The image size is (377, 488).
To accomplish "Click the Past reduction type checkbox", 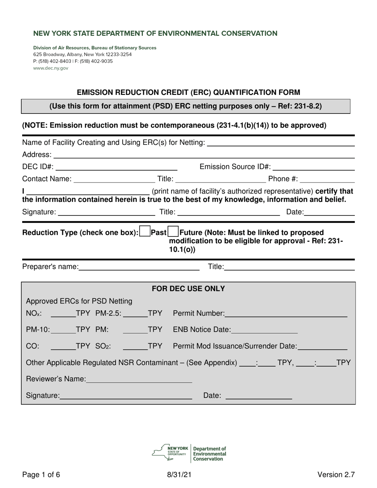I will pos(145,232).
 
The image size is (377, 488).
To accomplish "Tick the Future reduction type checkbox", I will pos(173,232).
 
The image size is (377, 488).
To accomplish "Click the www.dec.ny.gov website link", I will pos(50,68).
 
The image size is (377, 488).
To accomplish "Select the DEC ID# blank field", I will pos(118,167).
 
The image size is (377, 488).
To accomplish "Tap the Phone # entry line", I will pos(327,179).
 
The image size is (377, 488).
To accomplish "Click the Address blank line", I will pos(203,154).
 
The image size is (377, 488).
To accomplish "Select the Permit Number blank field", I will pos(286,313).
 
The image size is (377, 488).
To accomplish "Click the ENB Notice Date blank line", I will pos(264,330).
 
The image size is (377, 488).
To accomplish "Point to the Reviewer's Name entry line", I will pos(139,379).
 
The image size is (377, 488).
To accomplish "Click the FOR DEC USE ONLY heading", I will pos(188,289).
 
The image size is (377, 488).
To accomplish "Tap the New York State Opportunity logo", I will pos(170,452).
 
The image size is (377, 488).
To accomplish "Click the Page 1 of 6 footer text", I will pos(41,475).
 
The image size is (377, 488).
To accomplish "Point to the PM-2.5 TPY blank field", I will pos(135,313).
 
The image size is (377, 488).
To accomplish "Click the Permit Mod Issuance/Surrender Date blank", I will pos(322,346).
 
